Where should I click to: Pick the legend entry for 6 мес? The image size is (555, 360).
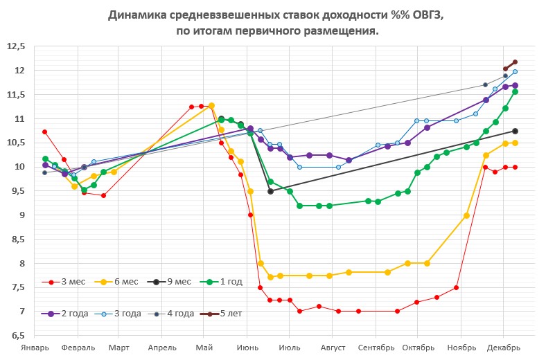click(121, 282)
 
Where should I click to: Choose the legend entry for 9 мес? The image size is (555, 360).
click(173, 282)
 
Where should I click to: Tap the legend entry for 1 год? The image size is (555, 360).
click(225, 282)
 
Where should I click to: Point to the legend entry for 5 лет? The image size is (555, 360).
click(226, 313)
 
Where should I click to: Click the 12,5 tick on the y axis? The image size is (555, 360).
click(15, 46)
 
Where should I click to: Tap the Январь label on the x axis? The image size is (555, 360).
click(35, 348)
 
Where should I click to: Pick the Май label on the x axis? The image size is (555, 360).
click(204, 348)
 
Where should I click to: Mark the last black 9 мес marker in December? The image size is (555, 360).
click(515, 131)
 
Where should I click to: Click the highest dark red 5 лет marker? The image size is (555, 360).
click(515, 62)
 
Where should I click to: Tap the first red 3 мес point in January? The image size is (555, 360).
click(44, 132)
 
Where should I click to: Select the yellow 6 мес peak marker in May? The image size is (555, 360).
click(211, 105)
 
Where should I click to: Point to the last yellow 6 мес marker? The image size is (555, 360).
click(515, 143)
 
